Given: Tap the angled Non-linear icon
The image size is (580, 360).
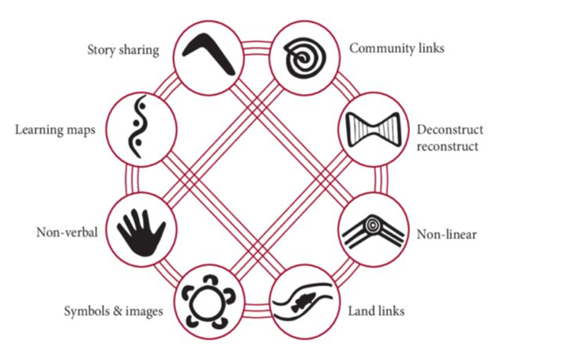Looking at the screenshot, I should [370, 231].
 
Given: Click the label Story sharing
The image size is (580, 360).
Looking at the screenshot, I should [123, 50].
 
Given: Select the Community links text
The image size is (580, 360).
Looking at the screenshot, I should [397, 48].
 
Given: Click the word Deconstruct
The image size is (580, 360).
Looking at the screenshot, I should [450, 130].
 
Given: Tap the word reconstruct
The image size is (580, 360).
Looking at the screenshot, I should [447, 146].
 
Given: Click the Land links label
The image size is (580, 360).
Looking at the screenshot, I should [376, 310].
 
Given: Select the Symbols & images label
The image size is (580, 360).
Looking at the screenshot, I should [113, 310].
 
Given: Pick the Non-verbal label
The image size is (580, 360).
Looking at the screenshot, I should [67, 232].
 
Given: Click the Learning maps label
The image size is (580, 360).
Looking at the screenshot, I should [55, 129].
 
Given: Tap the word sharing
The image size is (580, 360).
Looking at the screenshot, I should [140, 50].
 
